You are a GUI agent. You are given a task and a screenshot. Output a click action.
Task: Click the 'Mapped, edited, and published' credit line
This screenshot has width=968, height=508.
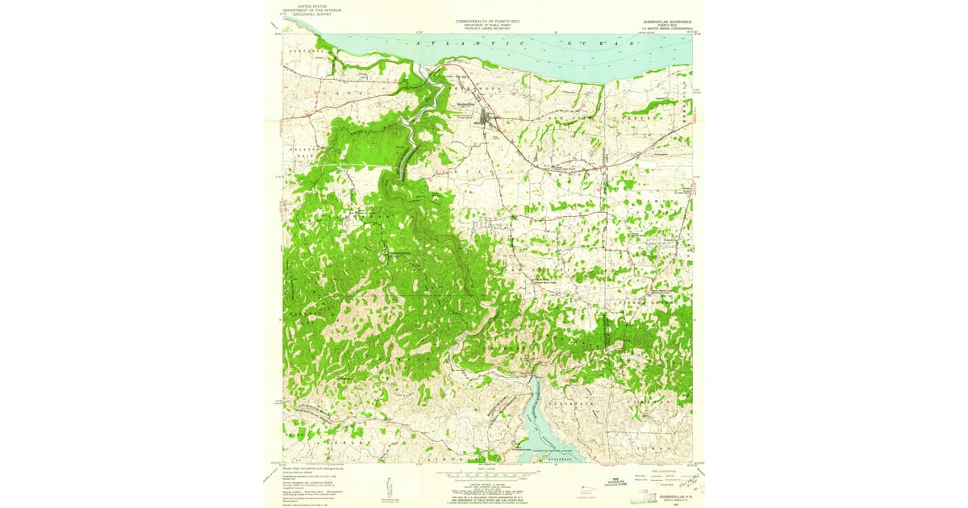pos(311,468)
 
